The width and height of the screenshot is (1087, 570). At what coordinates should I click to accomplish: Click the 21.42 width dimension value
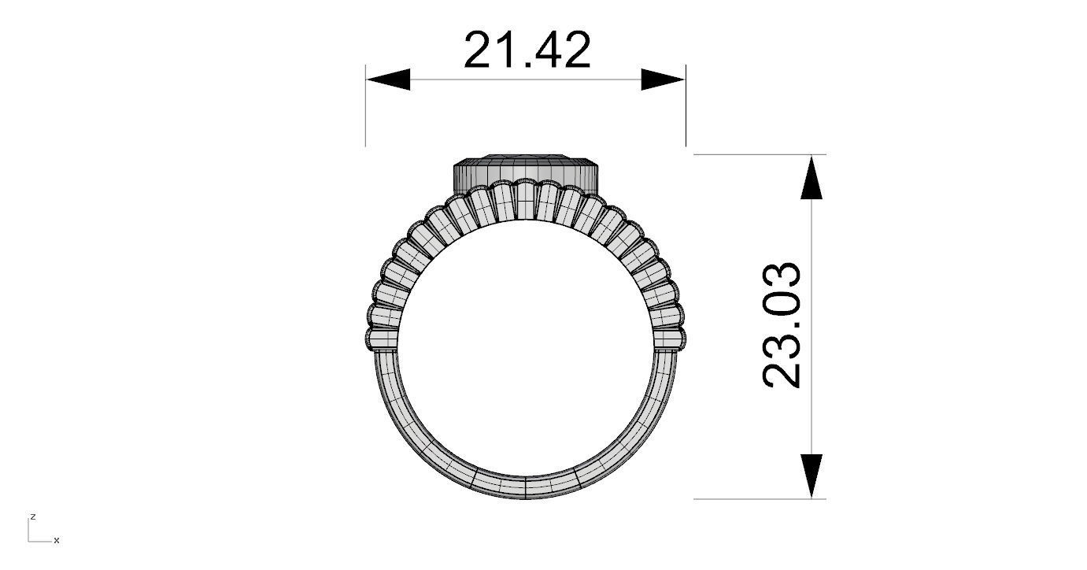(527, 50)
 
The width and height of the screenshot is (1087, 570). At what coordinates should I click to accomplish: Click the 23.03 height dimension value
(782, 325)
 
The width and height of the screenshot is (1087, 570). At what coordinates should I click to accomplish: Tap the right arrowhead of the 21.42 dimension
(663, 80)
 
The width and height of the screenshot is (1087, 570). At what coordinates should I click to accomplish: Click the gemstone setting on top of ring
(525, 169)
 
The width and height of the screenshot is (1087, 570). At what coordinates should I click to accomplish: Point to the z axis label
(33, 516)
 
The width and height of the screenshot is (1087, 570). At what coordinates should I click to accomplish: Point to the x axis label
(57, 541)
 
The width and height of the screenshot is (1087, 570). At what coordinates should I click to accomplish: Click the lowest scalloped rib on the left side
(382, 339)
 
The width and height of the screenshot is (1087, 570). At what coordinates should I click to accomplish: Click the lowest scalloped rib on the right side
(669, 339)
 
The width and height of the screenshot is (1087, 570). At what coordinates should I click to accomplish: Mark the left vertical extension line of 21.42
(366, 110)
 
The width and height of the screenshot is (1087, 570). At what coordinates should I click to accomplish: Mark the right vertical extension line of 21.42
(686, 110)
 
